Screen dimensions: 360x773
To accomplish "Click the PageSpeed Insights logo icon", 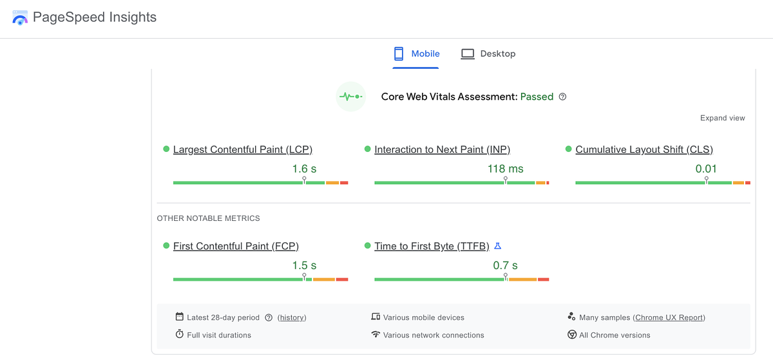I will coord(20,17).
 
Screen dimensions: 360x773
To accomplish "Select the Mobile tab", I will coord(417,53).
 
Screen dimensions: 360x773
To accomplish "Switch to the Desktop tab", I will coord(488,53).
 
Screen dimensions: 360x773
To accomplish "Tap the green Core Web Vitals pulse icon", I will coord(350,97).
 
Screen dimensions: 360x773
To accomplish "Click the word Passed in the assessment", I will coord(537,97).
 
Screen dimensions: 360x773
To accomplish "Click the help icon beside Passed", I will coord(562,97).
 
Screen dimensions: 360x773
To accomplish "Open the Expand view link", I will coord(722,118).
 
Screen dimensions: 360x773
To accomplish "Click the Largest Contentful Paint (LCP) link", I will coord(242,149).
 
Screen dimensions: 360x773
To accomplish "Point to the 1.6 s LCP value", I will coord(304,169).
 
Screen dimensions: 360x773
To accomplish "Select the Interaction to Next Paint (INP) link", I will coord(442,149).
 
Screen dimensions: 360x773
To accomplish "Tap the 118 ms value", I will coord(505,169).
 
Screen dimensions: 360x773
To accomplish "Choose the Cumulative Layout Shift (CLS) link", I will coord(644,149).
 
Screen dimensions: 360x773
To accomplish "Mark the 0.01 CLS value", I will coord(706,169).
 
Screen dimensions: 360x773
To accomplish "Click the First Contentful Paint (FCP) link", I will coord(236,246).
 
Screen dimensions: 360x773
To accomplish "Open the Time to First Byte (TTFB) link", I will coord(432,246).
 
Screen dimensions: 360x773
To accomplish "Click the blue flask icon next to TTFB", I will coord(497,246).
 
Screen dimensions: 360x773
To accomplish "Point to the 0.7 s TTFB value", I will coord(505,265).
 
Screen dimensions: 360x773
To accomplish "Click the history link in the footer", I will coord(292,317).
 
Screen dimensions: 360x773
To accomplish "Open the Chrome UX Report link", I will coord(669,317).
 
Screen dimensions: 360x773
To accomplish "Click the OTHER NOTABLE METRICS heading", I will coord(208,218).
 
